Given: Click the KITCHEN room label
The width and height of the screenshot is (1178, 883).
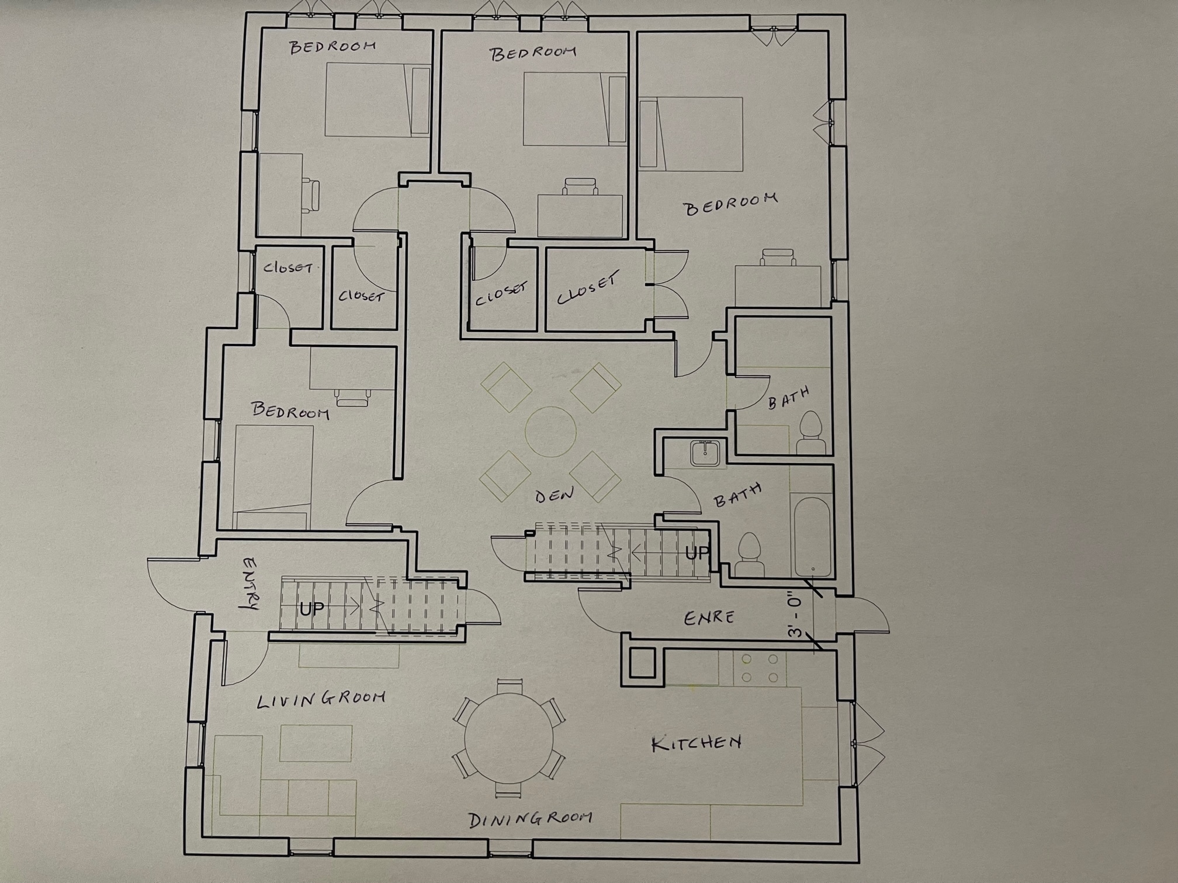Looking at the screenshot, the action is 697,742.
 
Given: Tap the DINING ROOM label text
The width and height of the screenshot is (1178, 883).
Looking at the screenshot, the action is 531,819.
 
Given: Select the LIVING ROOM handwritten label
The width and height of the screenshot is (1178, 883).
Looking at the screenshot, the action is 321,699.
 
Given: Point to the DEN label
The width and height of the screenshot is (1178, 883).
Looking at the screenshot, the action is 555,495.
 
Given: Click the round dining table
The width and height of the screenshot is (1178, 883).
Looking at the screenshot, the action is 509,738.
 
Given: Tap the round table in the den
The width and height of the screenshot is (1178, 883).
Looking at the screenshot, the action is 550,432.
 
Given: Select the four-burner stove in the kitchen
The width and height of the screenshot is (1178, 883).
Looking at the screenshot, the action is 760,668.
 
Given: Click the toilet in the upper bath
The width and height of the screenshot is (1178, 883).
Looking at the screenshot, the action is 810,433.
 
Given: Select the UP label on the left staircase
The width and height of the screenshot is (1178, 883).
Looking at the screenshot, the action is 312,609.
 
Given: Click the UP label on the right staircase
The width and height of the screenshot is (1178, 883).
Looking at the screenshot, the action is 697,552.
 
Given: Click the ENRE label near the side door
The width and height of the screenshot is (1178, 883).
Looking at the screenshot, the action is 709,617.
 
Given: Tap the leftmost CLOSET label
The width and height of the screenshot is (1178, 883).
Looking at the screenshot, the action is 287,268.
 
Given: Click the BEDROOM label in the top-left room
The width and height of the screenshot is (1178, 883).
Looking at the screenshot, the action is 332,47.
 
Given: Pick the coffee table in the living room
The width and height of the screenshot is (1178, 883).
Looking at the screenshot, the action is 316,743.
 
